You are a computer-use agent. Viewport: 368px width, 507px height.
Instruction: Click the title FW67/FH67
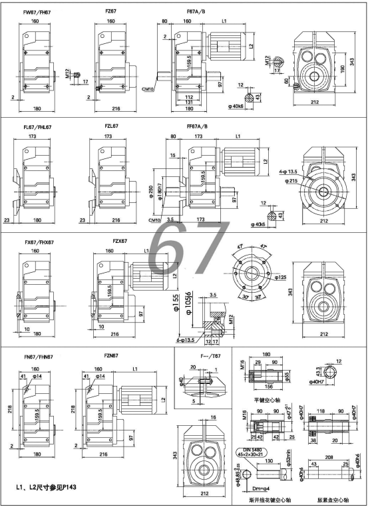(x=37, y=11)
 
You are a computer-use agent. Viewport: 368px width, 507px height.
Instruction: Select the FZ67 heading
(x=112, y=11)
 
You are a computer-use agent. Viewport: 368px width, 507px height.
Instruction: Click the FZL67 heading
(x=111, y=126)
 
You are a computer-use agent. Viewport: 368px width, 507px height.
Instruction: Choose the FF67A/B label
(x=198, y=126)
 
